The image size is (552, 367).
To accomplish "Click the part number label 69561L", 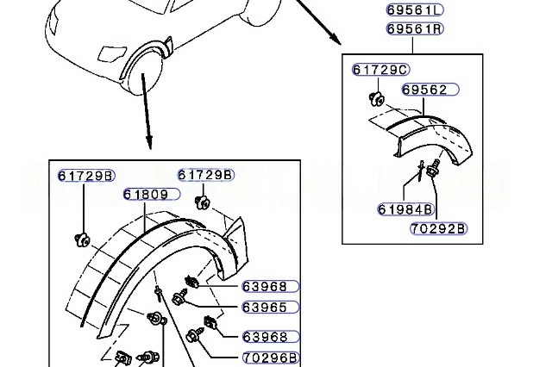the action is pyautogui.click(x=415, y=10).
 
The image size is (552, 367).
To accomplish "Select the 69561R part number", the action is pyautogui.click(x=415, y=28).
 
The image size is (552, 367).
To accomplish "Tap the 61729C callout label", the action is pyautogui.click(x=381, y=70).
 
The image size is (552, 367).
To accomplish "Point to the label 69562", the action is pyautogui.click(x=430, y=90).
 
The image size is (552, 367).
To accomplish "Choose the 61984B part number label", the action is pyautogui.click(x=405, y=209).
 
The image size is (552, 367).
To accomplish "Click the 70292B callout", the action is pyautogui.click(x=439, y=229).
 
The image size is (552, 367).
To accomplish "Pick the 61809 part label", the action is pyautogui.click(x=152, y=195).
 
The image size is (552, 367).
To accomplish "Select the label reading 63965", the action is pyautogui.click(x=271, y=308).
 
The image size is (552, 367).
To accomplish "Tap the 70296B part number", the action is pyautogui.click(x=271, y=358).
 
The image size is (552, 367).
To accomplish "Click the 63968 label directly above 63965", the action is pyautogui.click(x=271, y=287).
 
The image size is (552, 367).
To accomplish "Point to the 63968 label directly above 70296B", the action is pyautogui.click(x=271, y=337).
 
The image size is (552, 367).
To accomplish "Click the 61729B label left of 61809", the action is pyautogui.click(x=86, y=176).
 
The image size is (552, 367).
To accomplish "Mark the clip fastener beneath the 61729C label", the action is pyautogui.click(x=377, y=98).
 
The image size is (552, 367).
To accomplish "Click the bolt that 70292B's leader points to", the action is pyautogui.click(x=433, y=168).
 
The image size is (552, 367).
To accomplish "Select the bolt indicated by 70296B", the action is pyautogui.click(x=196, y=335).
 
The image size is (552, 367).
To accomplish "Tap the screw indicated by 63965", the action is pyautogui.click(x=180, y=297).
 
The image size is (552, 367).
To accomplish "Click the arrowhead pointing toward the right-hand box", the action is pyautogui.click(x=336, y=40).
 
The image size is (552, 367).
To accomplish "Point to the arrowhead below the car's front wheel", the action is pyautogui.click(x=149, y=142).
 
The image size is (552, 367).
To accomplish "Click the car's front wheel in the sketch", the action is pyautogui.click(x=144, y=74).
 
